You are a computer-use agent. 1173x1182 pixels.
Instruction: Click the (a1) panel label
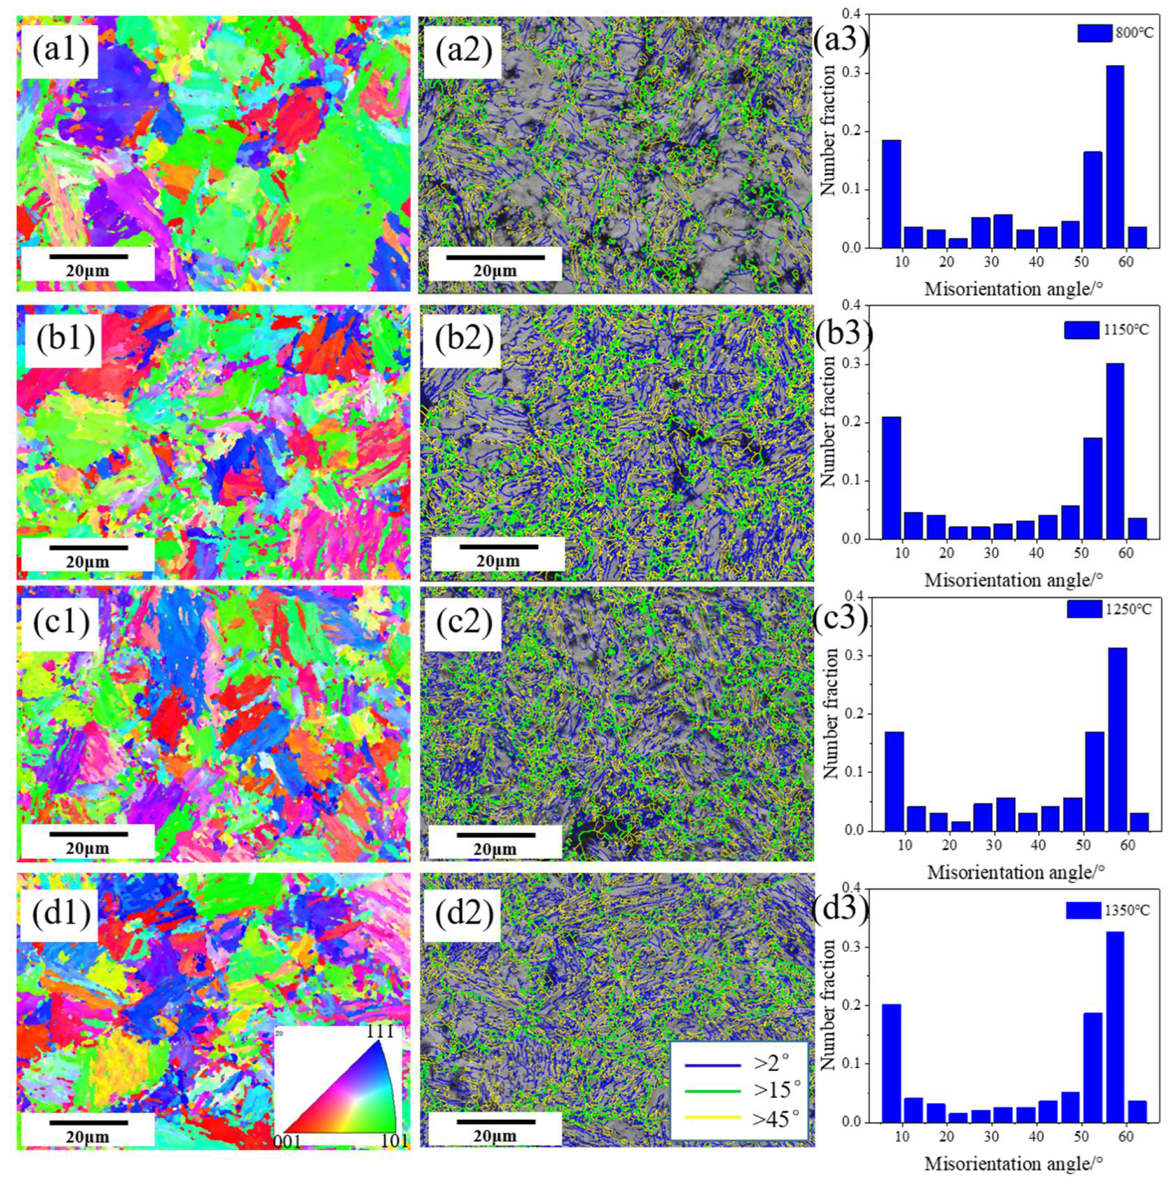pos(60,51)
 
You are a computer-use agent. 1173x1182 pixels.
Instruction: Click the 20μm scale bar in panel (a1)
pos(89,256)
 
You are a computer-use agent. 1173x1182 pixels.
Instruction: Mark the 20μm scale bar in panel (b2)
pos(499,546)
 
